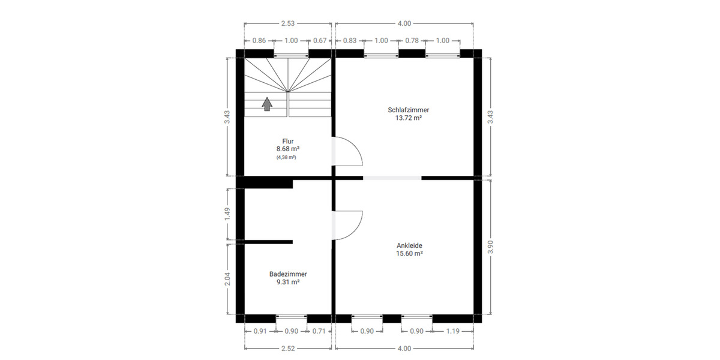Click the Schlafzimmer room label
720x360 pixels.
tap(409, 110)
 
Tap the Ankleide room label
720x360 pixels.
tap(409, 245)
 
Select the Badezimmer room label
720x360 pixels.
tap(288, 274)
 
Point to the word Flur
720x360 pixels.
tap(288, 141)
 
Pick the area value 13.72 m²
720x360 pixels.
tap(409, 118)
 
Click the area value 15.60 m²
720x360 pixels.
tap(409, 253)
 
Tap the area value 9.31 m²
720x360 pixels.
tap(288, 282)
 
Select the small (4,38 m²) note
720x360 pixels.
tap(287, 157)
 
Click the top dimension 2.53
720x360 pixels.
tap(288, 23)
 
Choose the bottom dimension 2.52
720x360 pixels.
tap(288, 349)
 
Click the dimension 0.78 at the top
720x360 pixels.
tap(412, 40)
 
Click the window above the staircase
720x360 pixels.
tap(291, 55)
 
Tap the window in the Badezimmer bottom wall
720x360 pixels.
tap(291, 316)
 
